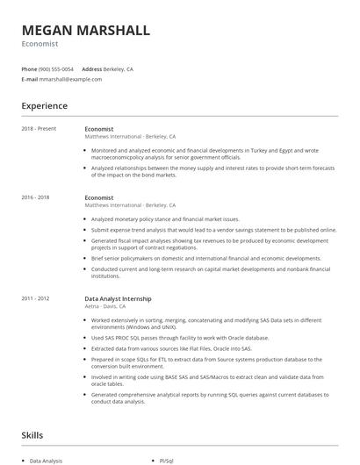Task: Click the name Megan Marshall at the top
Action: (86, 30)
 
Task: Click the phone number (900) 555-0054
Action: (56, 68)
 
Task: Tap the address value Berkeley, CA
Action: (119, 68)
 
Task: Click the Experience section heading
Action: (45, 106)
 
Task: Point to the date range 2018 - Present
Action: (39, 129)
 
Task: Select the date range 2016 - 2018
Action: (35, 198)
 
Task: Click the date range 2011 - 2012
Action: (35, 298)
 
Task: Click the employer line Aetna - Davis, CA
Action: (105, 306)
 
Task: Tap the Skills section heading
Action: (32, 434)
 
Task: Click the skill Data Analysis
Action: (47, 460)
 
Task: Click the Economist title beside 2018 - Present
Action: (99, 129)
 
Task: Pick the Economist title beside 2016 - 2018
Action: (99, 198)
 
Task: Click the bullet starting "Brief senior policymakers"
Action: (205, 259)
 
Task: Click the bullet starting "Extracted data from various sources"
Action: (176, 348)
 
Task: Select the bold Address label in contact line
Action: (91, 68)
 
